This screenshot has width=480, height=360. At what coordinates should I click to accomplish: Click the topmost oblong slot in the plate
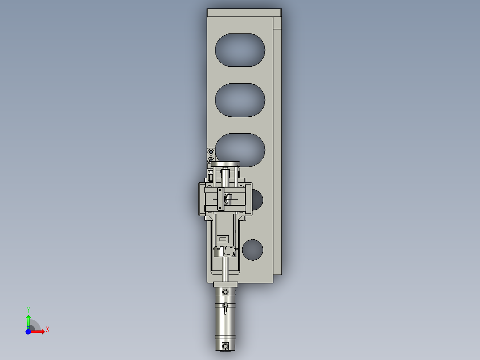coord(240,49)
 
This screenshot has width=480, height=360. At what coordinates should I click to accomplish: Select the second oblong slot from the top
coord(240,100)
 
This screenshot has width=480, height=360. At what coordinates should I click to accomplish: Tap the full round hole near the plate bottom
coord(252,250)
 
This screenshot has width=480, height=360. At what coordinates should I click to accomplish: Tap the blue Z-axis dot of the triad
coord(28,331)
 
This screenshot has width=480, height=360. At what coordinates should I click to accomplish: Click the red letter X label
coord(48,330)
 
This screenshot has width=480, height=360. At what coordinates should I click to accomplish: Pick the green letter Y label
coord(28,310)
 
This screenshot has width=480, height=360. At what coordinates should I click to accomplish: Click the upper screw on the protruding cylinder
coord(225,292)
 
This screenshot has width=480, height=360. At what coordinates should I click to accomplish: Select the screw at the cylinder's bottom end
coord(225,346)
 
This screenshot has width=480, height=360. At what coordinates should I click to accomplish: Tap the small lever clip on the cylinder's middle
coord(226,307)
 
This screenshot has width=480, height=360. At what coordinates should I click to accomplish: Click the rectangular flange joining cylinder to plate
coord(225,285)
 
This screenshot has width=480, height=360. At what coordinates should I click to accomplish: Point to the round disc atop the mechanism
coord(225,164)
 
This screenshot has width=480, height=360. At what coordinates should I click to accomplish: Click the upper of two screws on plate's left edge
coord(211,152)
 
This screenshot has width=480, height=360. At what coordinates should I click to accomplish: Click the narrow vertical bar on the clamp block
coord(220,200)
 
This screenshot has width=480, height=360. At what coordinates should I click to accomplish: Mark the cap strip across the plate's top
coord(244,12)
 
